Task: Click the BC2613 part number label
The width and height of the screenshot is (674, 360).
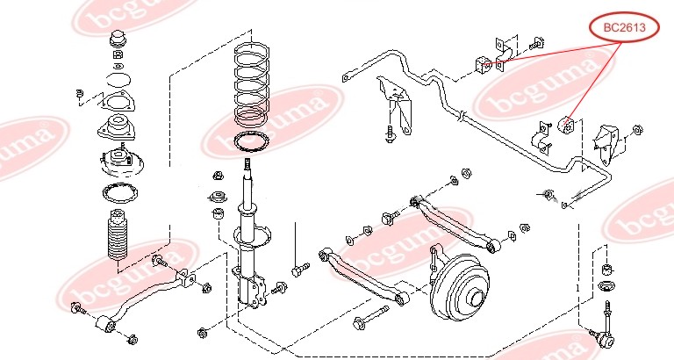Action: click(x=624, y=28)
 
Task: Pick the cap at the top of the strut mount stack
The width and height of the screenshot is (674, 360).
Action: click(x=117, y=41)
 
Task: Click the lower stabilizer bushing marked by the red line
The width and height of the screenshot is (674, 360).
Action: click(x=568, y=125)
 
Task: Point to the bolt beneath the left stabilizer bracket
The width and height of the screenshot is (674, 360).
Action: click(x=389, y=134)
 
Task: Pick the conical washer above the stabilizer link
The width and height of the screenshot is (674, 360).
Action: click(x=606, y=288)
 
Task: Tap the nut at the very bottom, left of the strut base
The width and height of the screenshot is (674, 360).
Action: click(x=203, y=333)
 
